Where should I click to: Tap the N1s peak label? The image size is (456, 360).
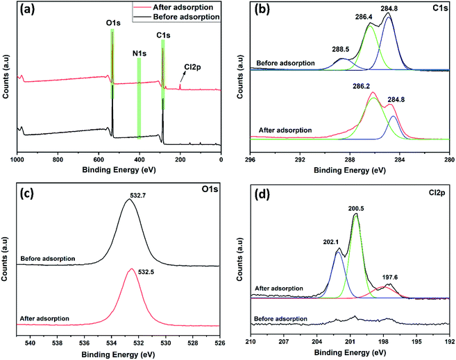pyautogui.click(x=139, y=51)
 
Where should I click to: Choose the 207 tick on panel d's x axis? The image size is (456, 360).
pyautogui.click(x=283, y=341)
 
